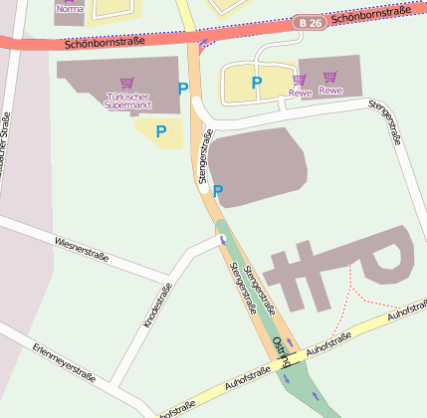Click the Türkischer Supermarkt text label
[x=127, y=101]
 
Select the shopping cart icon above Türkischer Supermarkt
[x=126, y=84]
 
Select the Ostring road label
[x=281, y=347]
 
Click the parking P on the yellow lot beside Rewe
[x=256, y=84]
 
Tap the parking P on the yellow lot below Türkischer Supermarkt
[x=160, y=130]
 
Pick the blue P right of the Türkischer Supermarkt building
[x=182, y=89]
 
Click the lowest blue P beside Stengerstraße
[x=218, y=190]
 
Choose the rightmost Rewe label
[x=330, y=91]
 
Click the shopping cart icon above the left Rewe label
[x=299, y=79]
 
